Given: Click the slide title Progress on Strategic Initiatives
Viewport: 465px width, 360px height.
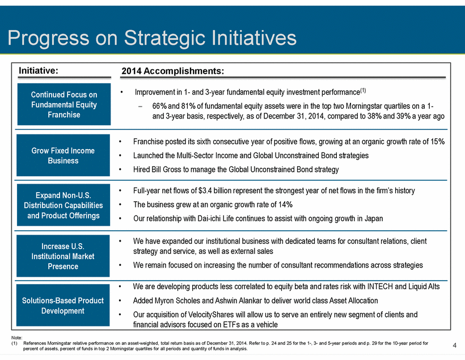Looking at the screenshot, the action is [152, 38].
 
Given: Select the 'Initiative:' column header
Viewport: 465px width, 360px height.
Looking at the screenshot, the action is [39, 70].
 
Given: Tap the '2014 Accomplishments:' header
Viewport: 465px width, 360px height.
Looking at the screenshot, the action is [172, 71].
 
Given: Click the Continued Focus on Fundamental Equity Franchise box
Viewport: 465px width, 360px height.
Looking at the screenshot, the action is [64, 104].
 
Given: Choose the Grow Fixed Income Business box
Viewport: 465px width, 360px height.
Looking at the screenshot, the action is [63, 155].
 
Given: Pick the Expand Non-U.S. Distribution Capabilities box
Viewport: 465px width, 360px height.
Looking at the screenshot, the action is [64, 205].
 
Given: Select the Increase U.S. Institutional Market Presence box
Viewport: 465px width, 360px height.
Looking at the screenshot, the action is [63, 256].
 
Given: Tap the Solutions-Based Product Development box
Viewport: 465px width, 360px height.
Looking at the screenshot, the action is [63, 306].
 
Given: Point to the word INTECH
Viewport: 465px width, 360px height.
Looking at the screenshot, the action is [380, 286].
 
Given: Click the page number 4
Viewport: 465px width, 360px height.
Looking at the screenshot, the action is [454, 345].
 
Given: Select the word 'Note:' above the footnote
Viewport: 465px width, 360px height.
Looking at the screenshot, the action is [16, 337].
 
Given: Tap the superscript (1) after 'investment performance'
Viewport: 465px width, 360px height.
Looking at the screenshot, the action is [363, 91].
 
